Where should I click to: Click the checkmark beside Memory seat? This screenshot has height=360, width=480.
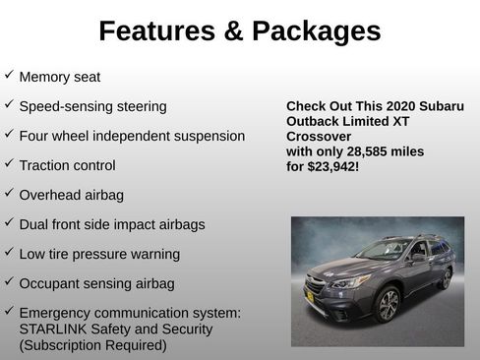click(x=9, y=75)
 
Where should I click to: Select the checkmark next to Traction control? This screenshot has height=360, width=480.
click(x=9, y=163)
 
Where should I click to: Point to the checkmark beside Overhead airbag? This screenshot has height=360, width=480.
click(x=9, y=193)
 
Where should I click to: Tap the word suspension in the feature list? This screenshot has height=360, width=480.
click(x=206, y=136)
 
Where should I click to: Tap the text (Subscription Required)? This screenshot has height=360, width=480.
click(x=92, y=345)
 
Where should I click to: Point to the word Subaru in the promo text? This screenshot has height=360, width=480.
click(x=438, y=106)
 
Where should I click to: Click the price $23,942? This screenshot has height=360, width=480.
click(x=330, y=167)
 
